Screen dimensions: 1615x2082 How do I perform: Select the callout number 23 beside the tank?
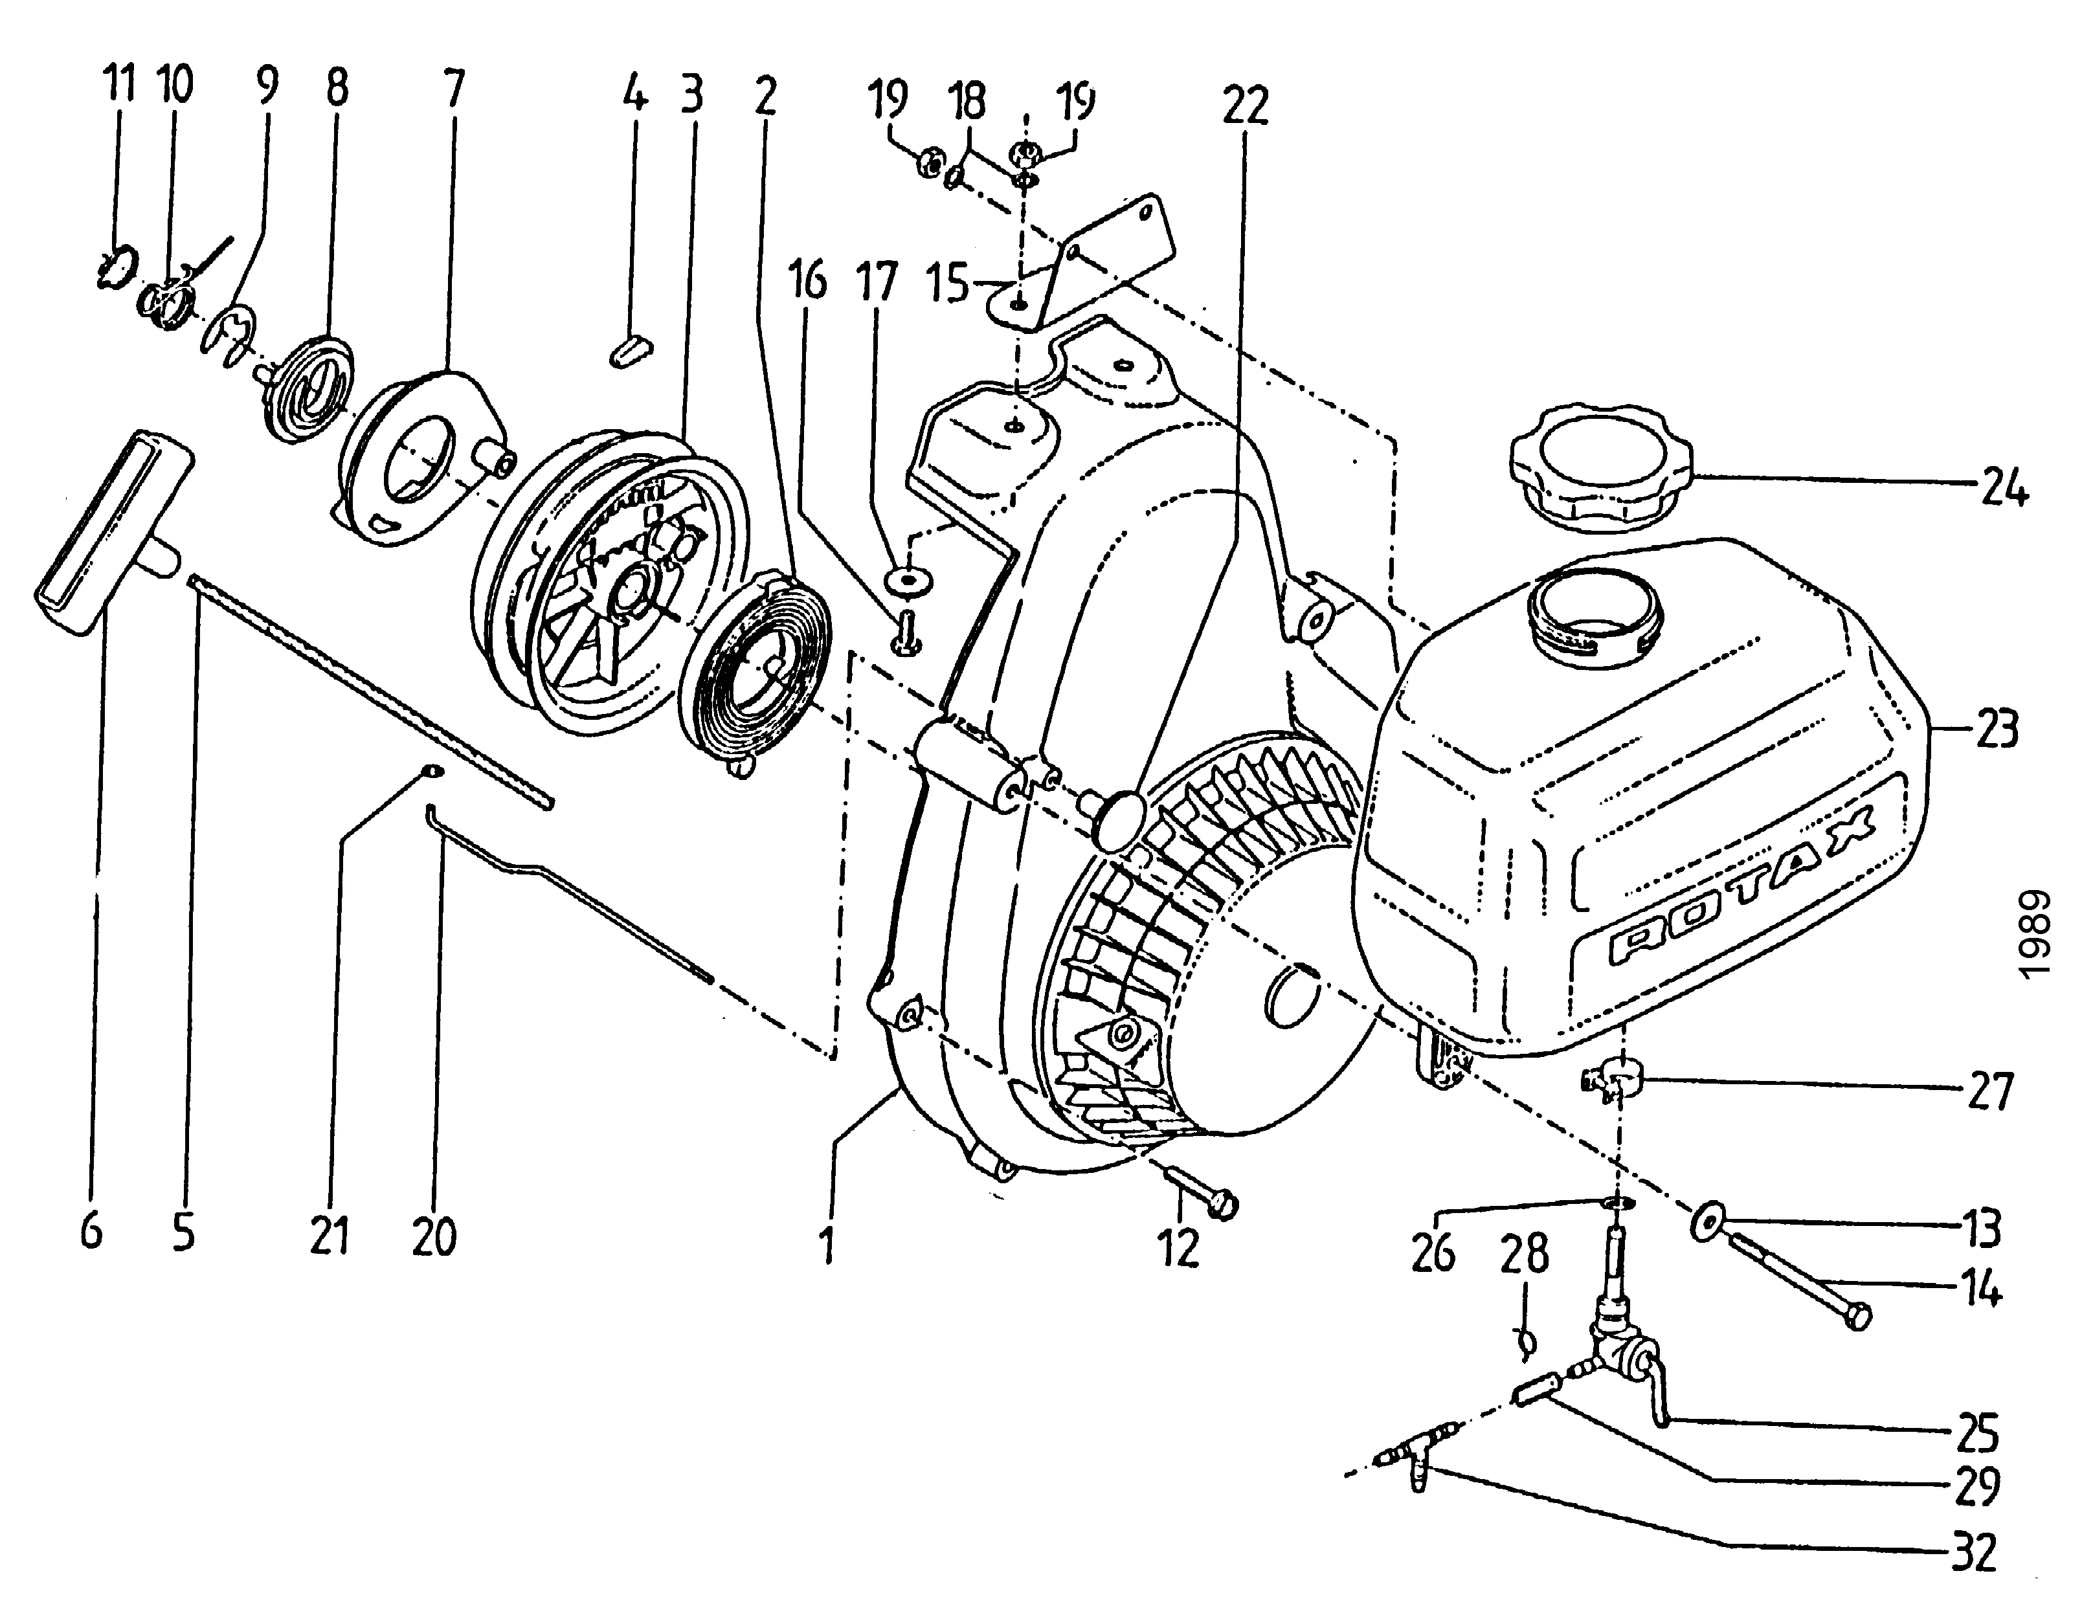(x=1995, y=730)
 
